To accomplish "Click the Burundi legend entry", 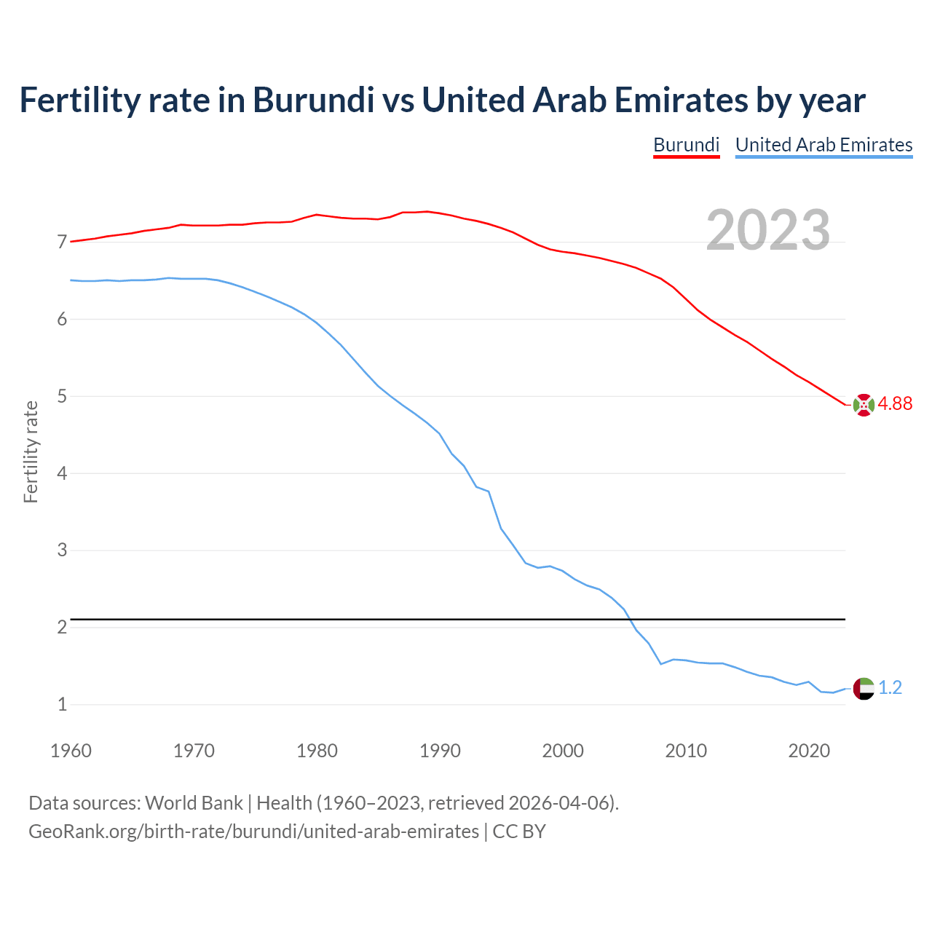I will tap(686, 145).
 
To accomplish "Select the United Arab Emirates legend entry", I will tap(824, 145).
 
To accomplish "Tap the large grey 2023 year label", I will tap(767, 230).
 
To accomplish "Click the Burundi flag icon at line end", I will tap(864, 405).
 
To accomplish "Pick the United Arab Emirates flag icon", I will tap(864, 688).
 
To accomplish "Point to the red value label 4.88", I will tap(895, 404).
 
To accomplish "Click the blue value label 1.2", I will tap(890, 688).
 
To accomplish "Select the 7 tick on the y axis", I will tap(62, 242).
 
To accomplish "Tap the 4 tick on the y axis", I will tap(62, 473).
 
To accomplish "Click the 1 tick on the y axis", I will tap(62, 704).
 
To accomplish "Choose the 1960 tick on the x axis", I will tap(71, 751).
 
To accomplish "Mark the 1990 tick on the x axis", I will tap(440, 751).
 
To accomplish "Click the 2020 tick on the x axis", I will tap(809, 751).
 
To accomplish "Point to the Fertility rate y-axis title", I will tap(31, 451).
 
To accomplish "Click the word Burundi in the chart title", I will tap(313, 100).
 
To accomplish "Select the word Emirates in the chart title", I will tap(681, 100).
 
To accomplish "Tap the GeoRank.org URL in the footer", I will tap(253, 832).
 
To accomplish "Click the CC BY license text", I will tap(519, 832).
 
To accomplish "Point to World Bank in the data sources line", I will tap(194, 803).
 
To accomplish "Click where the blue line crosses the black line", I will tap(628, 619).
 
